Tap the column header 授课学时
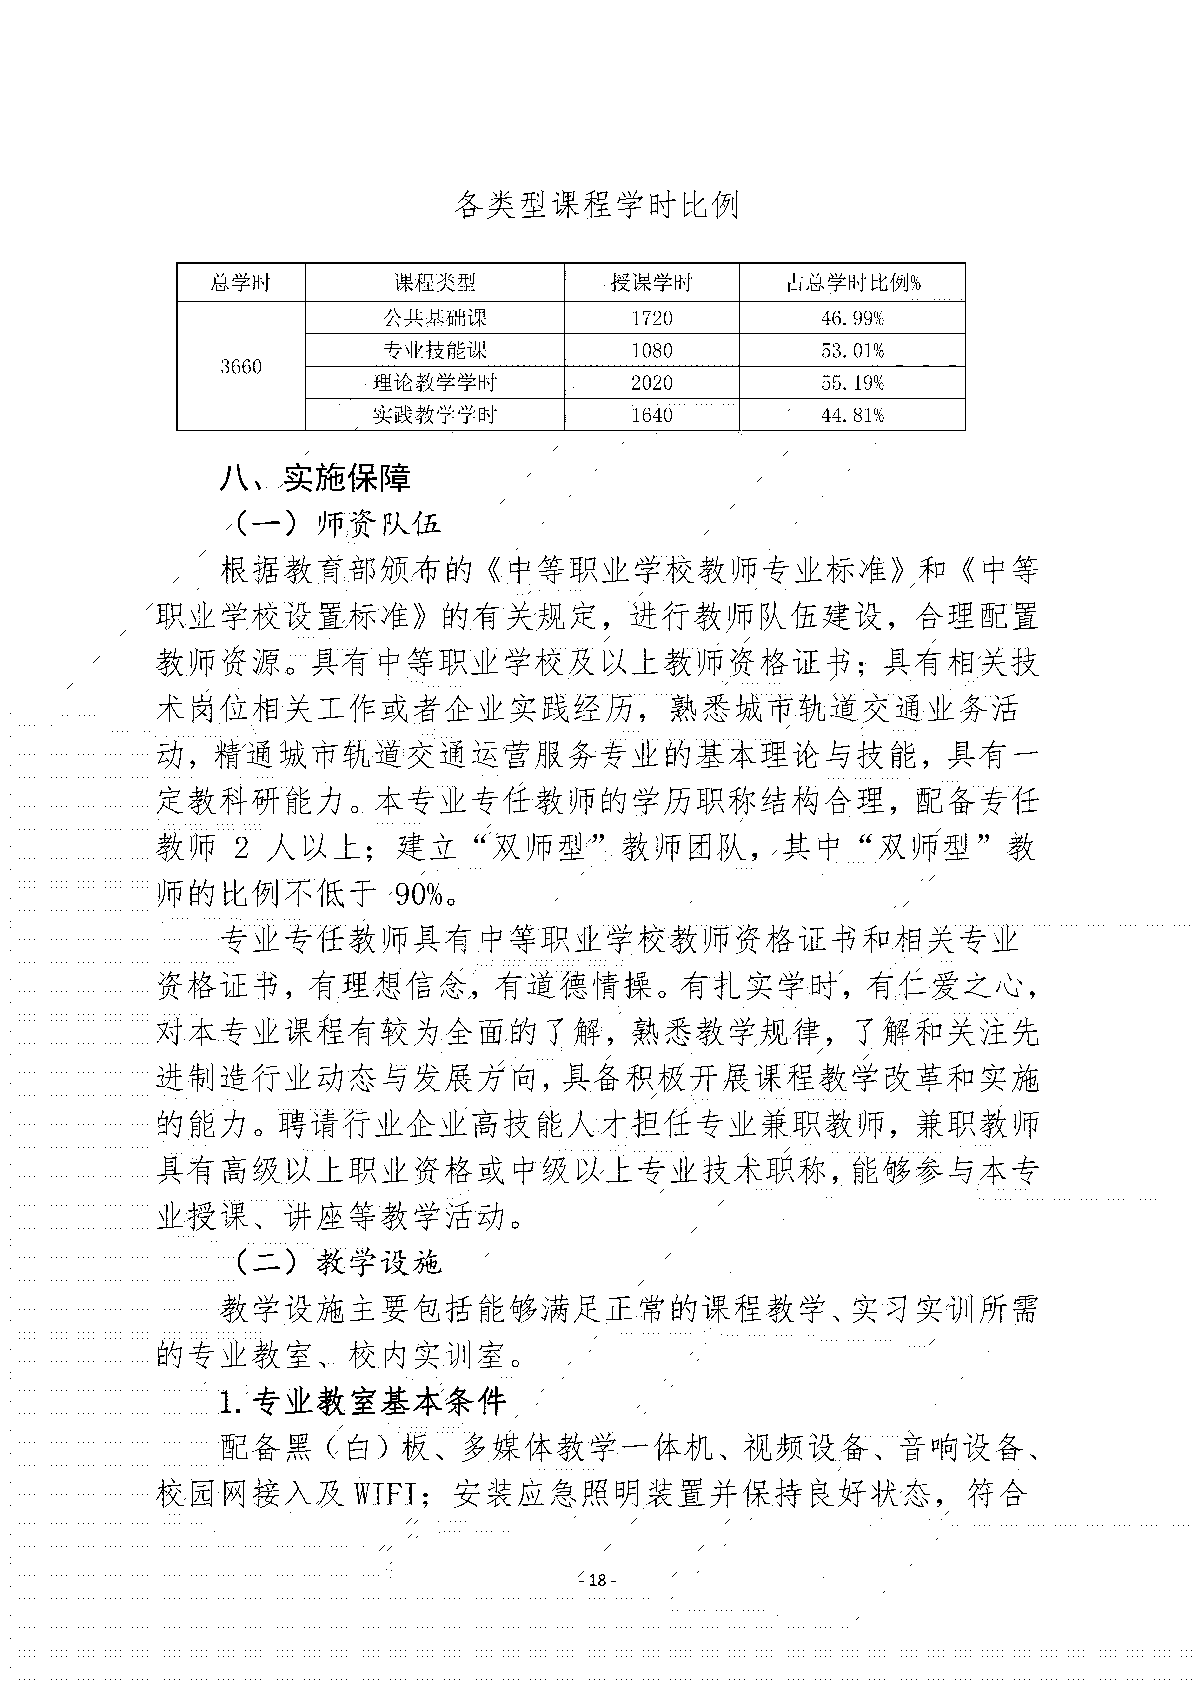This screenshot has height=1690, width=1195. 652,283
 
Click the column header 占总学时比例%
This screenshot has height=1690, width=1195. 853,283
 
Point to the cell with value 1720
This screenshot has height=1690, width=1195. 652,318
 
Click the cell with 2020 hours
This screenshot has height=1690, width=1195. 652,383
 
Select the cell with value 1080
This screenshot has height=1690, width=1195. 652,350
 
